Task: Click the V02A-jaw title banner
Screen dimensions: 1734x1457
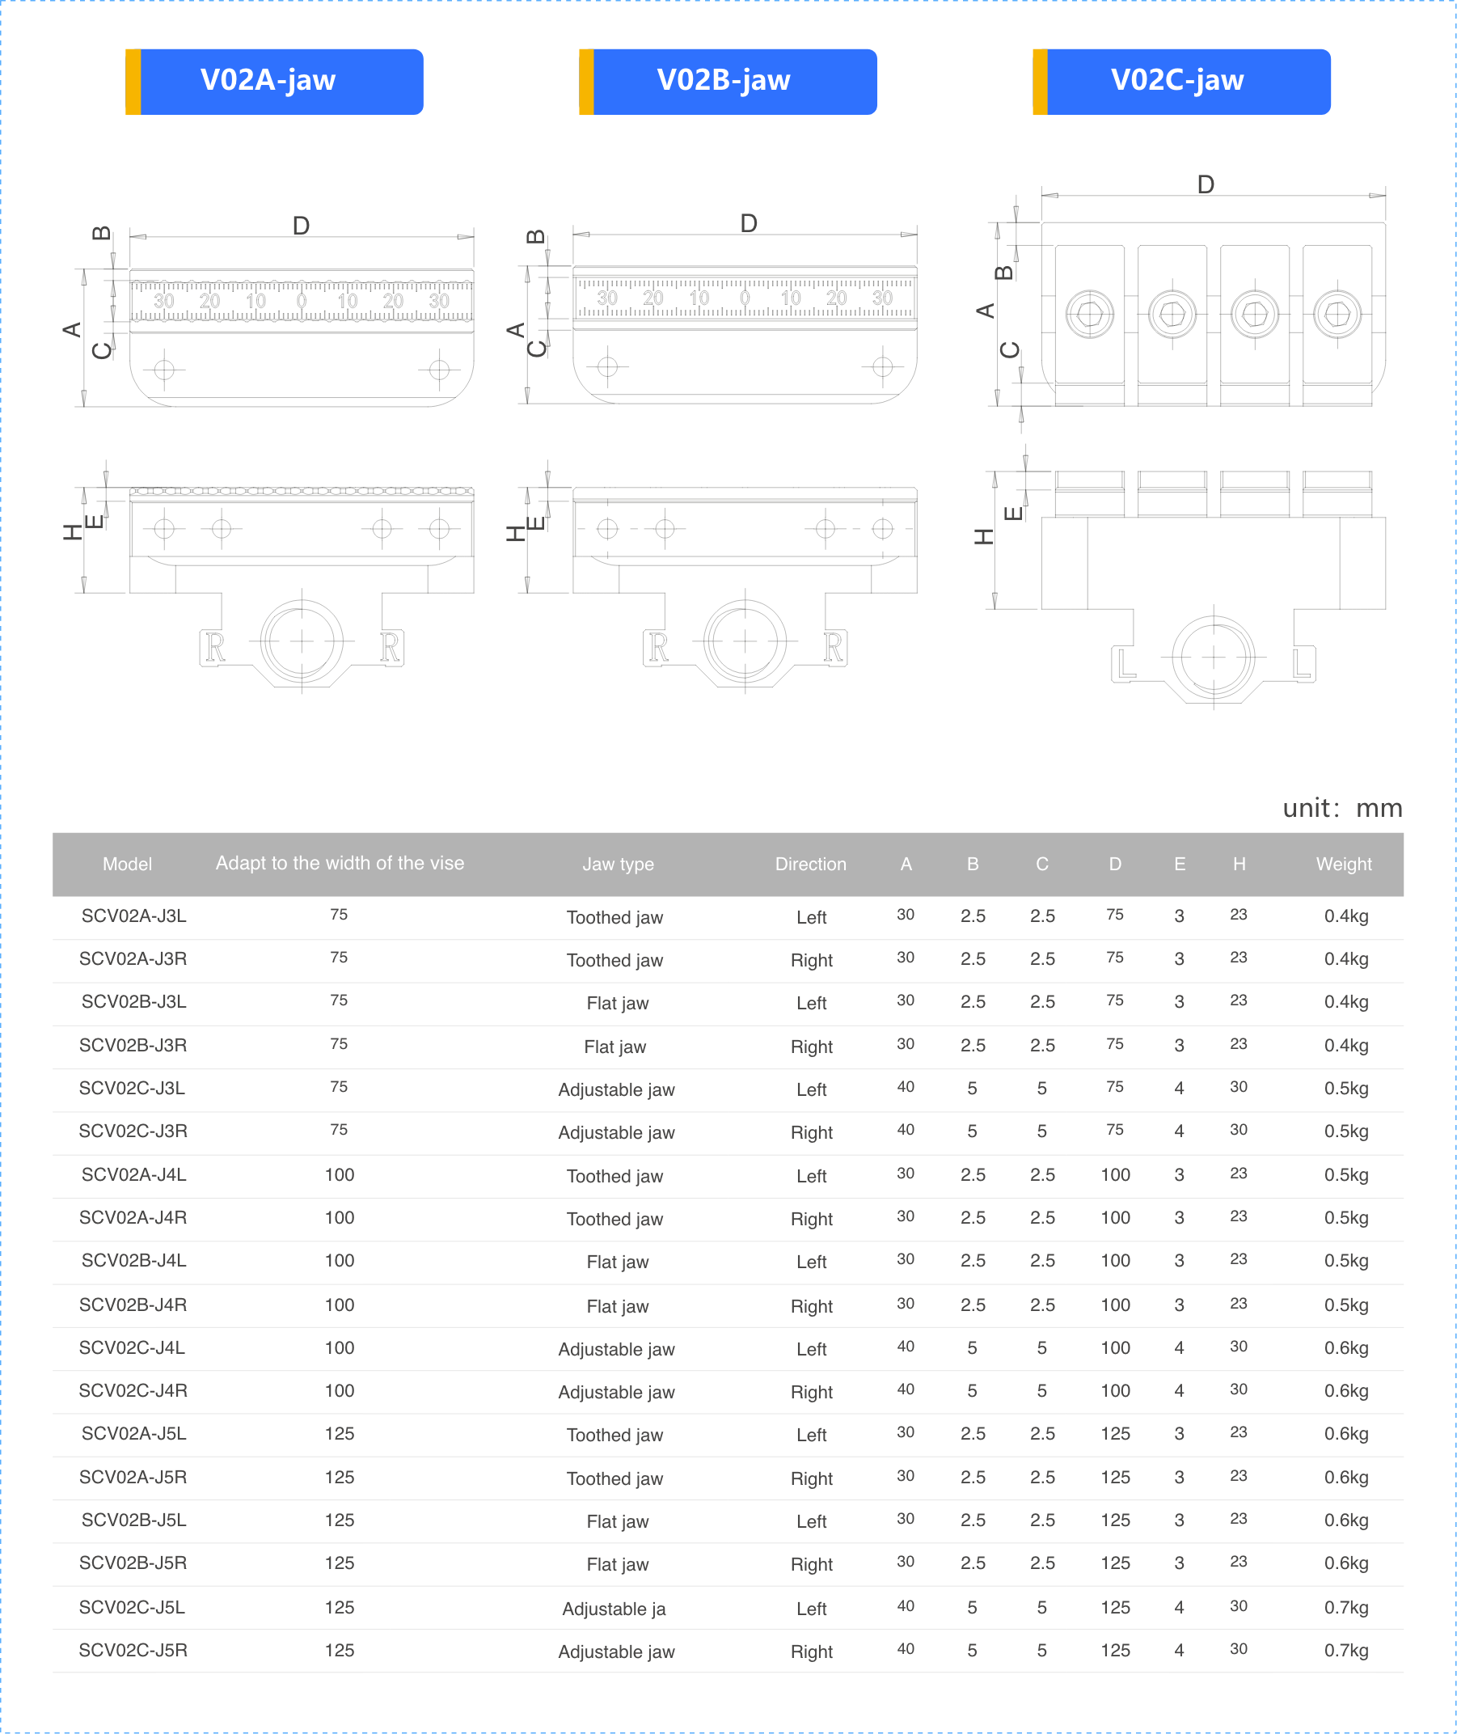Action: [274, 81]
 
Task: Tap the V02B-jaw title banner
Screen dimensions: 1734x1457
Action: [728, 81]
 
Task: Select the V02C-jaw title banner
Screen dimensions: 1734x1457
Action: [1181, 81]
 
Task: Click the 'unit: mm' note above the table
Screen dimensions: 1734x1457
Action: [1341, 808]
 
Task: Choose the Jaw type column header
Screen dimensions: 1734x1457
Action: [618, 864]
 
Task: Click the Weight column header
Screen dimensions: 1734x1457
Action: [1343, 864]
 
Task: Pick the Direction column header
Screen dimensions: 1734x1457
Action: [810, 864]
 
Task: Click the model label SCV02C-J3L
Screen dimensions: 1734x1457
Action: [132, 1088]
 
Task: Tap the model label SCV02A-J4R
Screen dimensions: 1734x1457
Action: [133, 1218]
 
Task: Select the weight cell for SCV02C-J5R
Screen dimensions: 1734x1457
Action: [1345, 1651]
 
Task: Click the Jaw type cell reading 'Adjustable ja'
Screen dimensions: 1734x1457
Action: [614, 1609]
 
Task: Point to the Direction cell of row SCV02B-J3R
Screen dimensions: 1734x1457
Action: [810, 1047]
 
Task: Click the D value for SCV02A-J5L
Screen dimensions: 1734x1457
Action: [1115, 1433]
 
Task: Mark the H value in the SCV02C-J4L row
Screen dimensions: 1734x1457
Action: [1238, 1347]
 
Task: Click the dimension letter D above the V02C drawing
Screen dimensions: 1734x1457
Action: [1205, 184]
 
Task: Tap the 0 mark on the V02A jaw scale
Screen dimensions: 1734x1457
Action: [302, 301]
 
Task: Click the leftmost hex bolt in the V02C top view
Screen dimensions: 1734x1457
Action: [1089, 314]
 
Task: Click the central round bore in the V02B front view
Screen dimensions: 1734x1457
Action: [745, 641]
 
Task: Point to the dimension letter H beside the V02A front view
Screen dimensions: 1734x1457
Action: [73, 533]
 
